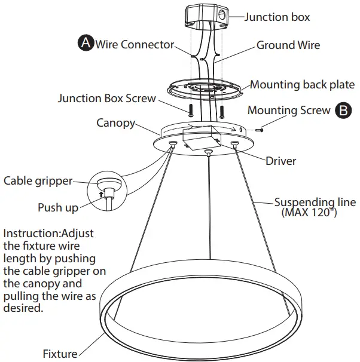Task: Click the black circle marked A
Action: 86,43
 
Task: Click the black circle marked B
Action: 343,110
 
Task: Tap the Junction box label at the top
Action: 277,17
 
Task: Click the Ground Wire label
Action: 288,45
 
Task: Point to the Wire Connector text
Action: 135,45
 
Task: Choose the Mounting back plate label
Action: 301,84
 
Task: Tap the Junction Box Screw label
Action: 106,98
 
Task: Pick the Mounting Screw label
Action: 288,110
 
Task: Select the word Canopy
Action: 115,122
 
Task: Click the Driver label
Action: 280,161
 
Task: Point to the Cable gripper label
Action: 38,180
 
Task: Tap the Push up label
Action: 58,207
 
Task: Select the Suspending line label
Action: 315,202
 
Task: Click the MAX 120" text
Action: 306,213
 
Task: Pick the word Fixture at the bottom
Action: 60,354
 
